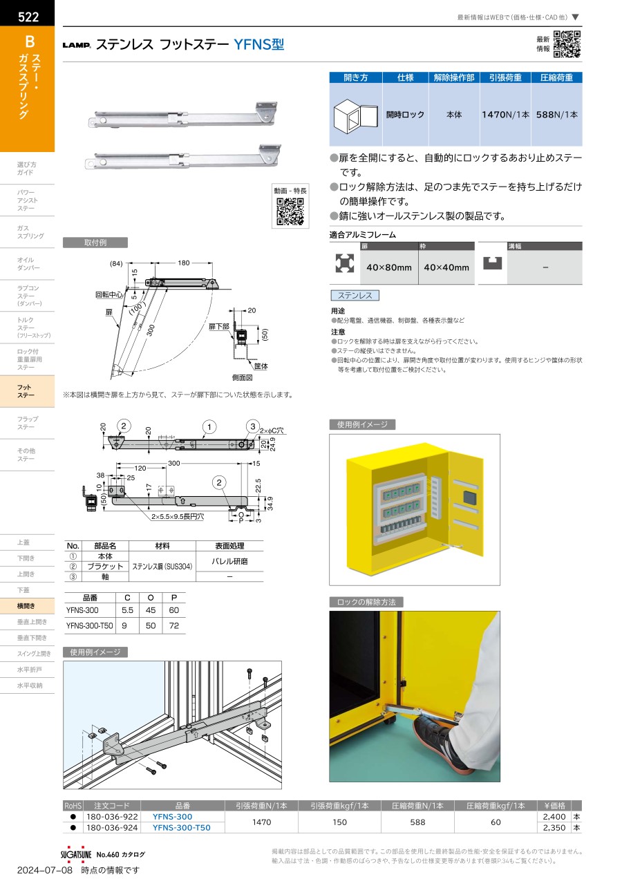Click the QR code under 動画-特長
point(290,211)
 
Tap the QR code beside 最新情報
point(567,44)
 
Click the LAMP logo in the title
point(77,45)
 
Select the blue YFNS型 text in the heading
point(259,44)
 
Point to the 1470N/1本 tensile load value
point(505,115)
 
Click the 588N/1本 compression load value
point(556,115)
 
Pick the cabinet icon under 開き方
point(355,116)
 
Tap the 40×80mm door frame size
point(389,267)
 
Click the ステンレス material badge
point(355,295)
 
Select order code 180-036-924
point(112,827)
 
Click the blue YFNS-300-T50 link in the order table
point(181,827)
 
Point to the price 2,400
point(554,816)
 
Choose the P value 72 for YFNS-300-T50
point(174,625)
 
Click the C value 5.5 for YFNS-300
point(128,610)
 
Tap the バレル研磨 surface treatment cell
point(229,561)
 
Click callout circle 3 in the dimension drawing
point(253,426)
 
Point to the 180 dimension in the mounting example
point(184,263)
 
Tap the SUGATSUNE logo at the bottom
point(76,854)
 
